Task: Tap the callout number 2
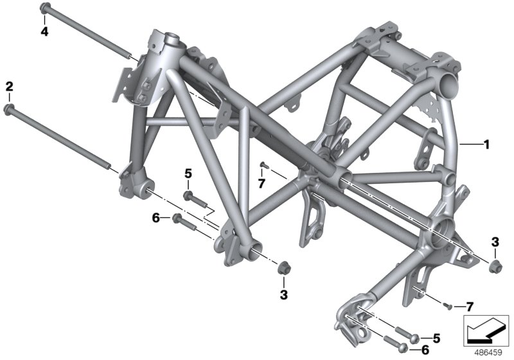(x=9, y=85)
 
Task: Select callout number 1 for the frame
(x=486, y=145)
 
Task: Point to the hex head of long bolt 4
(x=44, y=8)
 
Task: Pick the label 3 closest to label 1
(x=495, y=242)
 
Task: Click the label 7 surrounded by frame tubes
(x=261, y=184)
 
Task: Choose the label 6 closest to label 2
(x=155, y=219)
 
